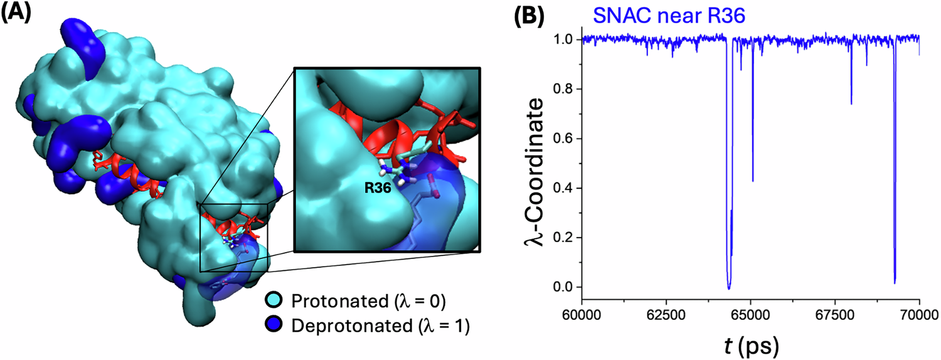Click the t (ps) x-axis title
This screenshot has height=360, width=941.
pos(752,342)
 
